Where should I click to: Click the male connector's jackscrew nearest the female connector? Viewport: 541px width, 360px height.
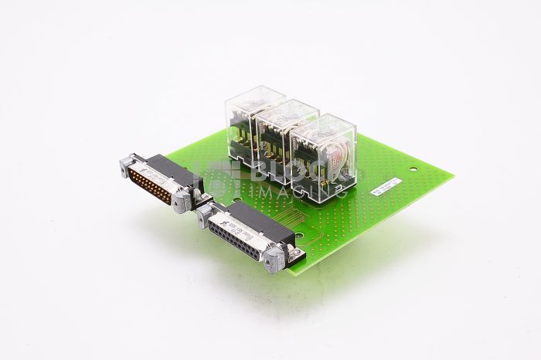(x=182, y=201)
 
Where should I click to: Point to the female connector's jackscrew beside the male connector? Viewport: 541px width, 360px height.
(x=205, y=212)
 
